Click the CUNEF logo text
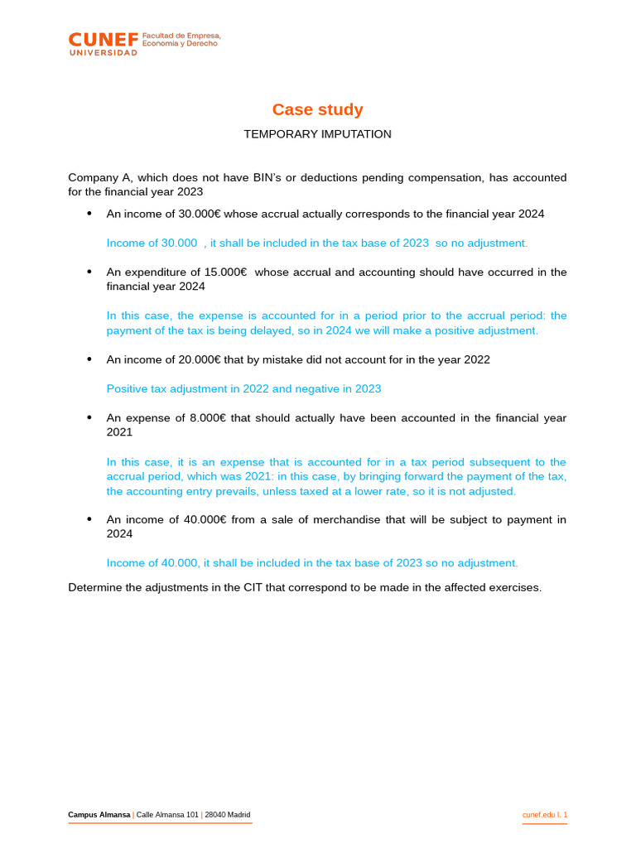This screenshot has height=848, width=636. [x=103, y=39]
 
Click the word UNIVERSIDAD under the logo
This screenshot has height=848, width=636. [x=103, y=52]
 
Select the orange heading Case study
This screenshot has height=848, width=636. [x=317, y=109]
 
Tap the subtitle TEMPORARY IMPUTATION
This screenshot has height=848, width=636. [x=317, y=134]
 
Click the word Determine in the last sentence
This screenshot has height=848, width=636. [x=94, y=587]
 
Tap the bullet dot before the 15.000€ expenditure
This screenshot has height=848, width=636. [x=89, y=272]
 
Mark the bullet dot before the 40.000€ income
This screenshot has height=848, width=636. [x=89, y=519]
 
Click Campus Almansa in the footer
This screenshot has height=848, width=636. [x=99, y=815]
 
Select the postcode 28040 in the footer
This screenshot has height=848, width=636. [x=217, y=815]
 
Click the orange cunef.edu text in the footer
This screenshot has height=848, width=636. [x=538, y=815]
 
